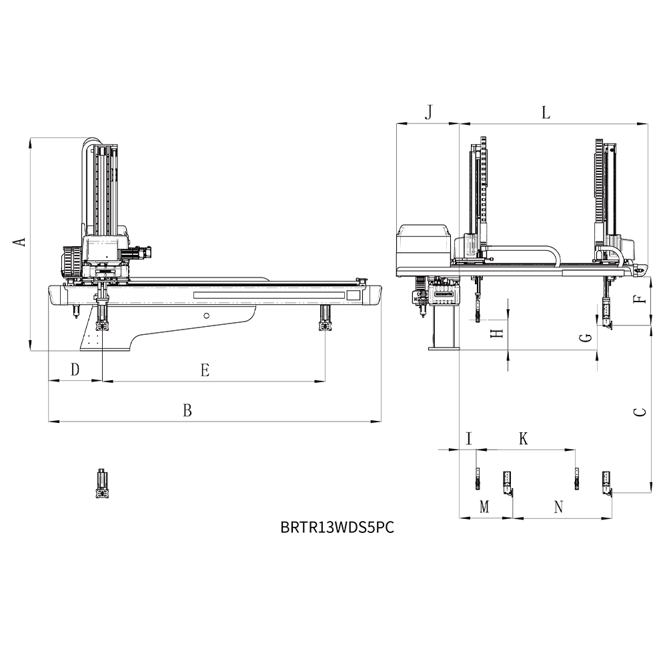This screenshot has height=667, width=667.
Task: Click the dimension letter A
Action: tap(19, 241)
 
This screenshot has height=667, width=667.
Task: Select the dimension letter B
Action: tap(187, 410)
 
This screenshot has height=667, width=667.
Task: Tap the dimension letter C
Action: tap(640, 412)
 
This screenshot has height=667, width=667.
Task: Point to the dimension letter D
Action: tap(75, 370)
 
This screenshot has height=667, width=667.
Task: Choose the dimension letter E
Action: tap(205, 370)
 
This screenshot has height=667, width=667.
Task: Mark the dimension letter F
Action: tap(640, 299)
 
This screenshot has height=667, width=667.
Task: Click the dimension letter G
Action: tap(586, 338)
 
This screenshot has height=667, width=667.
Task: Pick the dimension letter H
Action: tap(497, 333)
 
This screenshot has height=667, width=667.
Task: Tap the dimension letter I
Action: tap(469, 438)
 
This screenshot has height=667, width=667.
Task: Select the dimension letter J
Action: tap(429, 112)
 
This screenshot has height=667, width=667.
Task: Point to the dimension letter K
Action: tap(524, 438)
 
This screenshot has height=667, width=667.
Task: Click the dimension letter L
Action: tap(546, 113)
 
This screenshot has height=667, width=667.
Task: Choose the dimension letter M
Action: tap(484, 507)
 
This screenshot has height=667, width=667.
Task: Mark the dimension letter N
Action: tap(559, 507)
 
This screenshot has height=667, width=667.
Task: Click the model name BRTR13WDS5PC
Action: tap(338, 528)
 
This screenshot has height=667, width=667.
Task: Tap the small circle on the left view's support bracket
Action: tap(207, 315)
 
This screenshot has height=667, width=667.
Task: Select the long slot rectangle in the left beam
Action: tap(269, 295)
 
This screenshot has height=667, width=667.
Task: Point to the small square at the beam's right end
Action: tap(354, 295)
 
